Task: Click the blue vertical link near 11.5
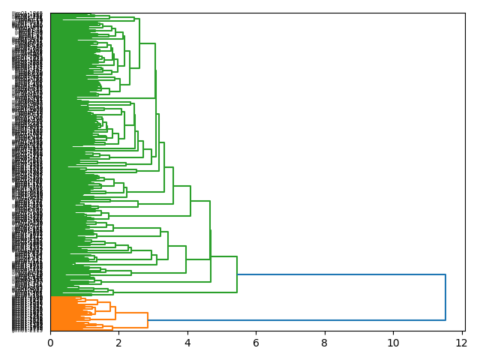pyautogui.click(x=445, y=298)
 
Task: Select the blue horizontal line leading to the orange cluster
pyautogui.click(x=300, y=320)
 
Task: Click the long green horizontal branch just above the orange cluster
pyautogui.click(x=82, y=292)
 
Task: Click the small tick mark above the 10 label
pyautogui.click(x=393, y=333)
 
